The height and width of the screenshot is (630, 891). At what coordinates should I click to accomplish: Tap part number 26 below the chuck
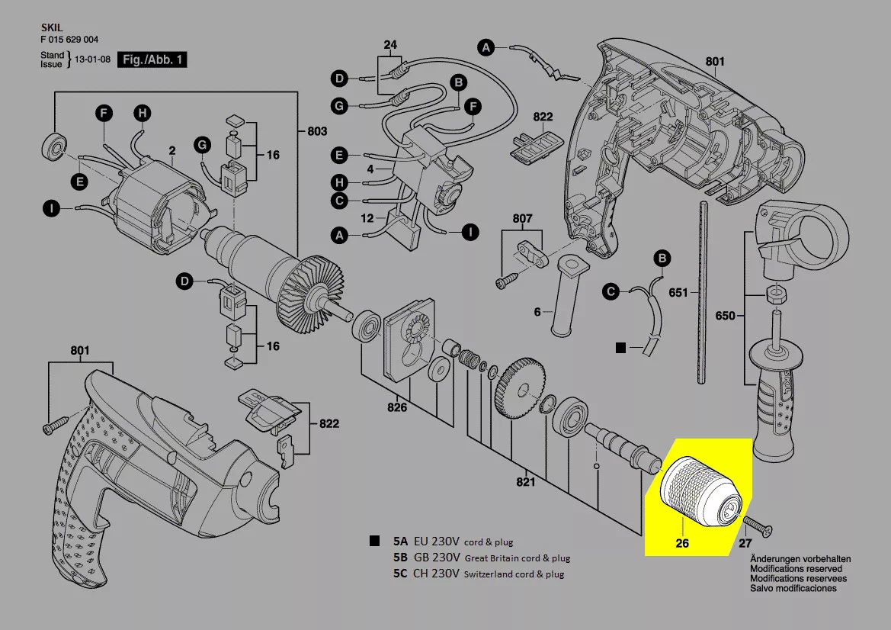[682, 544]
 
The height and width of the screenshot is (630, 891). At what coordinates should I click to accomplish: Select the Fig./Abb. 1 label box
[152, 59]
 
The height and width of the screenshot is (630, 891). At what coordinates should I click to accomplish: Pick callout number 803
[316, 131]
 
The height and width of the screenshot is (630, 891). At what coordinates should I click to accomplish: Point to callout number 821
[525, 481]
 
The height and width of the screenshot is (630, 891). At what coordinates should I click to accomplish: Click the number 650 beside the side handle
[725, 315]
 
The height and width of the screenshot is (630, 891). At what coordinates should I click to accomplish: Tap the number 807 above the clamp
[522, 219]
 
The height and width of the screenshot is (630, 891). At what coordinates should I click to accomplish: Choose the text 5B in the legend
[401, 558]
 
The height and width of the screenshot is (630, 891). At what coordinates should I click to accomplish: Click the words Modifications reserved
[796, 569]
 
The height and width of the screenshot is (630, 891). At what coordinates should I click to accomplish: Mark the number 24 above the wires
[390, 45]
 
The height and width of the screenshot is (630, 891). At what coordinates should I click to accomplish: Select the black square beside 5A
[374, 542]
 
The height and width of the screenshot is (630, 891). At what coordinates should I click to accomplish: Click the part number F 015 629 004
[69, 40]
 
